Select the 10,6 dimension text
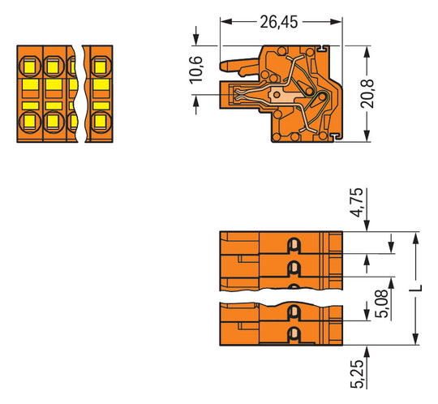tap(195, 71)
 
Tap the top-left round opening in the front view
tap(28, 63)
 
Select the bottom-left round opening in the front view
tap(28, 122)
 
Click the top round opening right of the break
tap(101, 63)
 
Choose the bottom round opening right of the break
tap(101, 122)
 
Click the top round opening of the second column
tap(53, 63)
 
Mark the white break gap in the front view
tap(82, 93)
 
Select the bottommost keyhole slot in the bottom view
tap(294, 333)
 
